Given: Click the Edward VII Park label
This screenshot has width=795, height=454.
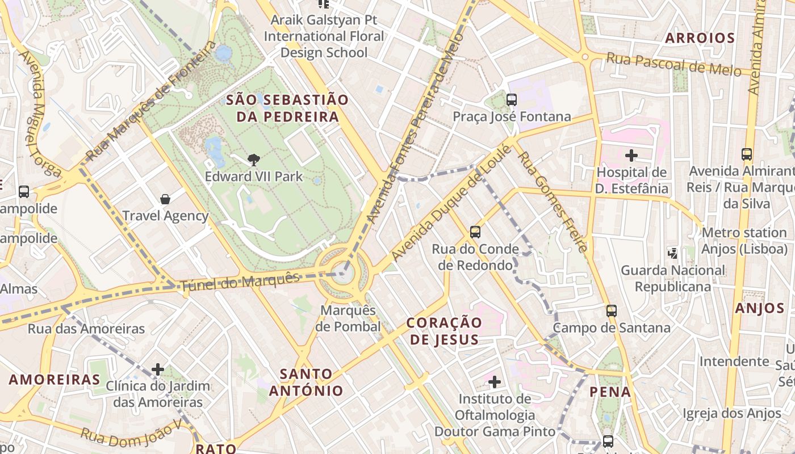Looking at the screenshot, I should tap(254, 176).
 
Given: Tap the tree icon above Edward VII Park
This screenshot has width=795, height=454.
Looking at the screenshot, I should tap(254, 160).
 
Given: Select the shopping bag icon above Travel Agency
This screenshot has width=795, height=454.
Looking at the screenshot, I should tap(165, 199).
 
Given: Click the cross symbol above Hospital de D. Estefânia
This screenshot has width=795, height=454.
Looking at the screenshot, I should tap(631, 155).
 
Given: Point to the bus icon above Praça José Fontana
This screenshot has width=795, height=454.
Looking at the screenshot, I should tap(511, 100).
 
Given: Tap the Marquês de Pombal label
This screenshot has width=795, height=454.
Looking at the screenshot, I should tap(349, 318).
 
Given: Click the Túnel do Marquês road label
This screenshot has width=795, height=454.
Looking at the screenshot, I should tap(240, 282).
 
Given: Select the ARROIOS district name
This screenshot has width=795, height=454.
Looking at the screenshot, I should tap(700, 38).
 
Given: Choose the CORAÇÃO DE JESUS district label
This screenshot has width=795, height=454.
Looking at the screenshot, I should tap(444, 331).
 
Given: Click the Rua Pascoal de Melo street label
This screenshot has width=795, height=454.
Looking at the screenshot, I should tap(673, 64).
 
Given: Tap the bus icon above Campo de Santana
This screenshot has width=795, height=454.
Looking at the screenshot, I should tap(611, 311).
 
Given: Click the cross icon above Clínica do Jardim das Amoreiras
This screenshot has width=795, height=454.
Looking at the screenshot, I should tap(157, 369).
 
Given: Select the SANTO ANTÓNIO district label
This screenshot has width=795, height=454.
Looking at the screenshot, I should tap(306, 382).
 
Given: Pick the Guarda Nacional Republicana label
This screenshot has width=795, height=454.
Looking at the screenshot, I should tap(672, 278).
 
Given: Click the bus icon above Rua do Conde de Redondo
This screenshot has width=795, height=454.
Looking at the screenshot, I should tap(475, 232).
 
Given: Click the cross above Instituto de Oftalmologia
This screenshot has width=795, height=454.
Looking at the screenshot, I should tap(495, 382).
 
